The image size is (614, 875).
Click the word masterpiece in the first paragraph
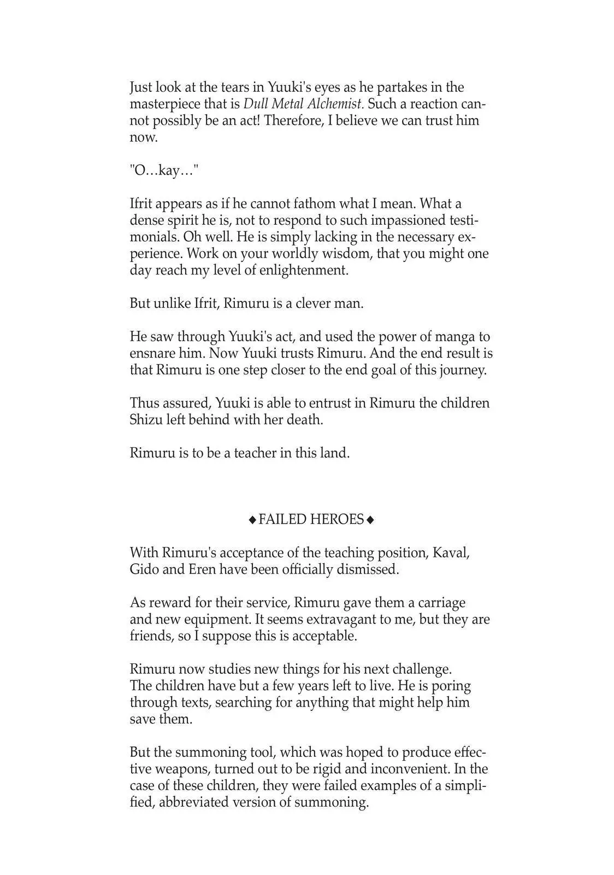coord(164,104)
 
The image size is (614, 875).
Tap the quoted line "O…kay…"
coord(164,171)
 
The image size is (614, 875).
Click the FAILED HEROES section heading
coord(311,520)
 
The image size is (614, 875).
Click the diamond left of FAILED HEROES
coord(252,520)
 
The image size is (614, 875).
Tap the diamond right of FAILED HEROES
coord(370,520)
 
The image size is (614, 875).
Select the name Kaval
coord(451,553)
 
